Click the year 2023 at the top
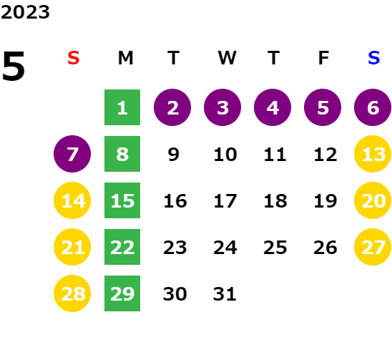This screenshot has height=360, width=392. click(x=25, y=12)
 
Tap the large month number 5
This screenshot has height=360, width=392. click(x=14, y=66)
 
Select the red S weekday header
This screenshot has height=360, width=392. click(x=74, y=58)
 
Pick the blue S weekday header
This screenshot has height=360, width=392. click(x=374, y=58)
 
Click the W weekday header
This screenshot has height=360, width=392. click(x=227, y=58)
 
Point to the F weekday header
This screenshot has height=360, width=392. click(x=323, y=58)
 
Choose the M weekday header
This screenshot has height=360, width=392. click(x=125, y=58)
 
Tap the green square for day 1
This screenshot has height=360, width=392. click(x=122, y=107)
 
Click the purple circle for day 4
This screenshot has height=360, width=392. click(x=273, y=107)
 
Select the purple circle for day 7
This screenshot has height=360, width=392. click(x=72, y=154)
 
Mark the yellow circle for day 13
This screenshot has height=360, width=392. click(x=373, y=154)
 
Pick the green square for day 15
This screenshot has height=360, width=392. click(x=122, y=200)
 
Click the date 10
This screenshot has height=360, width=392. click(x=225, y=155)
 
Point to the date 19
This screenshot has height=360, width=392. click(x=325, y=201)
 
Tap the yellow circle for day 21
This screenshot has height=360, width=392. click(x=72, y=247)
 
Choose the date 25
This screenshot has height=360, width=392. click(x=275, y=248)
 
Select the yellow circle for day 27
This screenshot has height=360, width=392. click(x=373, y=247)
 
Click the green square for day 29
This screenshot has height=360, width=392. click(x=122, y=293)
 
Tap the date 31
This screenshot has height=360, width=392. click(x=225, y=294)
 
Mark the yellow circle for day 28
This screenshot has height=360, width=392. click(x=72, y=293)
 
